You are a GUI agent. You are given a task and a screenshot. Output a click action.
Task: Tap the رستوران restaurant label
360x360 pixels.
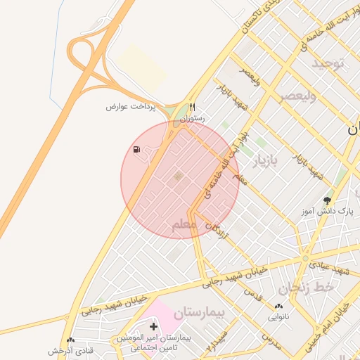192,119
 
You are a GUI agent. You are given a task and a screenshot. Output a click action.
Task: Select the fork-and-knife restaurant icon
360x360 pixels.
192,108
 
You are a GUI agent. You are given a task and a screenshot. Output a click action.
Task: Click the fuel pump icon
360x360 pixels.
136,150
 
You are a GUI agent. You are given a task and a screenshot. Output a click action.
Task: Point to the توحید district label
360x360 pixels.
330,63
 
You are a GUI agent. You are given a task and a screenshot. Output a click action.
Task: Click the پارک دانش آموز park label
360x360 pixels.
326,210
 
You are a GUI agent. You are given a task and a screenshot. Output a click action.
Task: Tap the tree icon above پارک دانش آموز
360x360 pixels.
326,200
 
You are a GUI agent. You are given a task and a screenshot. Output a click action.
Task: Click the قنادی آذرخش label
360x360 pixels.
70,350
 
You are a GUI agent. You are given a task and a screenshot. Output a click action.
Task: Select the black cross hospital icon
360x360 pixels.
153,327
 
